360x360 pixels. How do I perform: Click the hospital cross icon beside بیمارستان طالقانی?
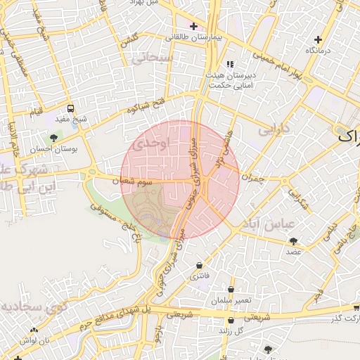tap(193, 27)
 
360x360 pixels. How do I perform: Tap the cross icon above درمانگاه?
tap(319, 39)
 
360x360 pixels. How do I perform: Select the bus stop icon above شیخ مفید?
tap(70, 109)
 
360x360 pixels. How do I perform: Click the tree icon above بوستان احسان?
tap(54, 138)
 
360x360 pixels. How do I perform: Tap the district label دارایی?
tap(274, 131)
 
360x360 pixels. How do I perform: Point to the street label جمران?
tap(251, 179)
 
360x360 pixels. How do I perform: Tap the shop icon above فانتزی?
tap(200, 266)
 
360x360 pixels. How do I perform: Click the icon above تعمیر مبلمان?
tap(232, 290)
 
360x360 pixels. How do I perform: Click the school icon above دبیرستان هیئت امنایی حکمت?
tap(230, 64)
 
